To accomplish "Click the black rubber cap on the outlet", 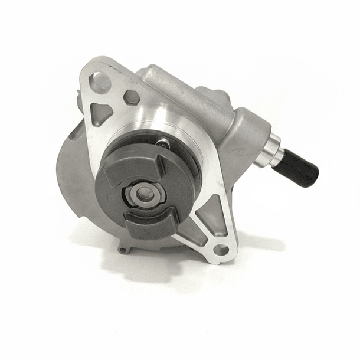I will pos(301,168).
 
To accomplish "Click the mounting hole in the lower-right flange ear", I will pos(220,250).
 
